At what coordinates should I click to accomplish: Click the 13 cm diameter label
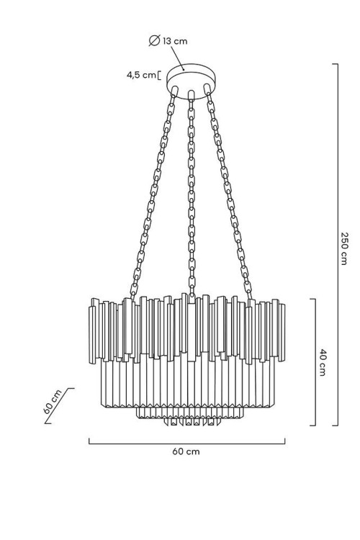[175, 41]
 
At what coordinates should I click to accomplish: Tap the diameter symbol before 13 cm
[154, 40]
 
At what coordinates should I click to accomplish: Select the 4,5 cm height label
[141, 75]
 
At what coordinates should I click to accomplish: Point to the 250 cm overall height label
[344, 248]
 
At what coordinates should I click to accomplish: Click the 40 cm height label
[322, 362]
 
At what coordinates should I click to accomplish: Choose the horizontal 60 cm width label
[186, 451]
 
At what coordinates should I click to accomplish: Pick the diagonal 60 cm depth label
[53, 402]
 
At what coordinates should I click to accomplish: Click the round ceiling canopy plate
[191, 81]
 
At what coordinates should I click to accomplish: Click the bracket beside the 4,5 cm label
[159, 75]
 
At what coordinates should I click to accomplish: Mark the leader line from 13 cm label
[178, 58]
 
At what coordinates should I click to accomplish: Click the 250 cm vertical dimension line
[337, 245]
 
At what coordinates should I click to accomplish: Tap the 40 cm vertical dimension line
[315, 362]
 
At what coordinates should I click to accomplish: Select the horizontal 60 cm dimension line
[186, 444]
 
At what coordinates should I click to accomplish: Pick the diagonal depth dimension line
[59, 405]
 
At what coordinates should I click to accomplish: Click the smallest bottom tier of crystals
[192, 421]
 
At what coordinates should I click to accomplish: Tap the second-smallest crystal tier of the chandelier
[190, 413]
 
